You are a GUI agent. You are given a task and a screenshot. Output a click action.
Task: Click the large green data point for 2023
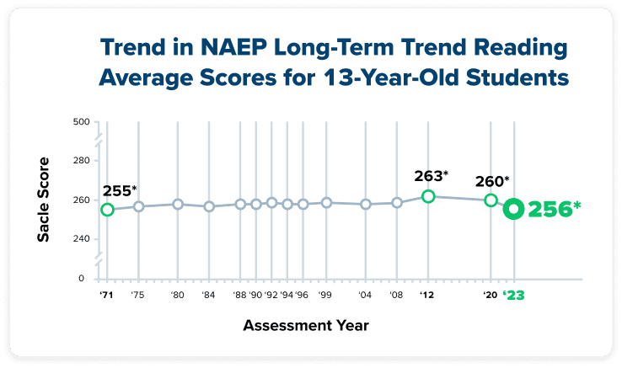click(512, 210)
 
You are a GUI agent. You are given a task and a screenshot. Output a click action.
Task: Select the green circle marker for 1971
click(107, 209)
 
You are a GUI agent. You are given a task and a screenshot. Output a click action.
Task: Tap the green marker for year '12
click(428, 196)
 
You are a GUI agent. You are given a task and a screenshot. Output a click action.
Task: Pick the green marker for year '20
click(491, 200)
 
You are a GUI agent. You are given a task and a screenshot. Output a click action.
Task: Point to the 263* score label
click(431, 176)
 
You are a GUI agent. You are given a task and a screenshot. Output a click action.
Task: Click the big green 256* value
click(554, 210)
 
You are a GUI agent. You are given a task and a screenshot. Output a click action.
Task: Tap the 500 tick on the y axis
click(81, 122)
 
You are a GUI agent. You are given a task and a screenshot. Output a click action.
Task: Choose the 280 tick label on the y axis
click(81, 161)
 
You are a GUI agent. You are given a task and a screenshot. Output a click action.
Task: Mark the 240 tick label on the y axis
click(81, 239)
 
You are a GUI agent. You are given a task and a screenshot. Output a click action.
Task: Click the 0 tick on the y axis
click(81, 278)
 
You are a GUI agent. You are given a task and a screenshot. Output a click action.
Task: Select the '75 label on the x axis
click(138, 296)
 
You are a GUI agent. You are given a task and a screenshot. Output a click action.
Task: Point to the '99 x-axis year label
click(325, 296)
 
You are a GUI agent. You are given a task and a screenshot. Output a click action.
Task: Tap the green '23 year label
click(512, 296)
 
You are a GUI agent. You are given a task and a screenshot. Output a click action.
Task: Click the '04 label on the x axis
click(366, 296)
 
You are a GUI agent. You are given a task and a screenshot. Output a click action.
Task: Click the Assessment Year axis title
click(306, 324)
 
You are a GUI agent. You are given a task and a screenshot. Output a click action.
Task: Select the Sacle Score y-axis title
click(43, 200)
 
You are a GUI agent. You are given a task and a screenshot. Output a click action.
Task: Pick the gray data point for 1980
click(178, 204)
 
